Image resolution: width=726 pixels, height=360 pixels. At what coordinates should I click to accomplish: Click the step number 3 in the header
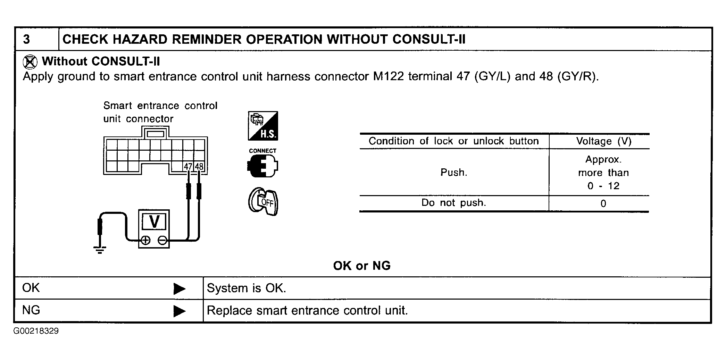[x=27, y=39]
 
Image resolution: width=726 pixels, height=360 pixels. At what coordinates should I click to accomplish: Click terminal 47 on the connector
[x=188, y=167]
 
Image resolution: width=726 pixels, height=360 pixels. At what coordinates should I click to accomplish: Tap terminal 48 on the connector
[x=199, y=167]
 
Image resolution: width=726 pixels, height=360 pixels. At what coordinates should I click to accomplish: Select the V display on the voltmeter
[x=154, y=221]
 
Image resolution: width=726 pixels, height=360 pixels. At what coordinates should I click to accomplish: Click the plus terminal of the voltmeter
[x=146, y=240]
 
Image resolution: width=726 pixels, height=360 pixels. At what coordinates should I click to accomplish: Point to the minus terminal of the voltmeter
[x=162, y=240]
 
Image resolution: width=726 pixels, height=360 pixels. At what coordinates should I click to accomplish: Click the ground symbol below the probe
[x=100, y=250]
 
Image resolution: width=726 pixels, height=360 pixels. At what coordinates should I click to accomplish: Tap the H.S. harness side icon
[x=263, y=126]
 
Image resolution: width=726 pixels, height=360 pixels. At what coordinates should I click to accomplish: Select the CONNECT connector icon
[x=262, y=165]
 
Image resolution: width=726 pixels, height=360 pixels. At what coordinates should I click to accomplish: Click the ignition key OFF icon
[x=263, y=202]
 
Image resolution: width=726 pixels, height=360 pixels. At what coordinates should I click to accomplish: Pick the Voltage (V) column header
[x=603, y=141]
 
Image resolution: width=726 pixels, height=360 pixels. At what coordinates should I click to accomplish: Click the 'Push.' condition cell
[x=454, y=173]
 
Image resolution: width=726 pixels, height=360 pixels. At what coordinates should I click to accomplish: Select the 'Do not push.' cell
[x=453, y=203]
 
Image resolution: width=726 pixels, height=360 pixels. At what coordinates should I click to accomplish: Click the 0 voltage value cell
[x=603, y=203]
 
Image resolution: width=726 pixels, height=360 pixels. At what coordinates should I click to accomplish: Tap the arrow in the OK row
[x=179, y=288]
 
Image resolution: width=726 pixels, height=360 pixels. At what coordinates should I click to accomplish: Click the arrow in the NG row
[x=179, y=311]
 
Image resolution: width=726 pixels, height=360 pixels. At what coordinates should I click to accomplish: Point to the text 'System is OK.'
[x=246, y=288]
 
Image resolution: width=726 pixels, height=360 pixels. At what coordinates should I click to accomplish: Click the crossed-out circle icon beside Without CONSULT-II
[x=30, y=62]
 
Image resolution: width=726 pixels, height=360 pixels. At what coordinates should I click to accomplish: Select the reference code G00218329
[x=36, y=331]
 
